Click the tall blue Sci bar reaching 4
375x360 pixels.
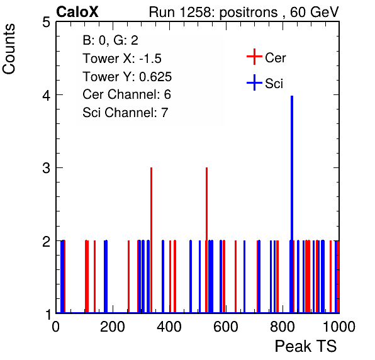(292, 204)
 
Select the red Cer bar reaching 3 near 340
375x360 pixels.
(152, 240)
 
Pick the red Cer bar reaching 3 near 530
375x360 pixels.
(206, 240)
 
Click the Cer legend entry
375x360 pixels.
(266, 57)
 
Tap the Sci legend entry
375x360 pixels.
(265, 83)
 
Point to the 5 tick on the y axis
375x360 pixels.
(46, 23)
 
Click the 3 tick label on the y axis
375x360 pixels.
(46, 168)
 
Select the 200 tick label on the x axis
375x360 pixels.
(113, 327)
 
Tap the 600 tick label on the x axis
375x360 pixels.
(226, 327)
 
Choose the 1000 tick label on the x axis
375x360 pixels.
(339, 327)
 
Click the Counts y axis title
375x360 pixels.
(9, 49)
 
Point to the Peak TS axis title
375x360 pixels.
(306, 346)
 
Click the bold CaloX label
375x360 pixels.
(77, 12)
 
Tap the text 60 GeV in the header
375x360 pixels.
(315, 12)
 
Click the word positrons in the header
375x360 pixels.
(249, 13)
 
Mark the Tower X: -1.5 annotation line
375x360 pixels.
(122, 59)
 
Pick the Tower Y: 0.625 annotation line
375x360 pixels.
(127, 77)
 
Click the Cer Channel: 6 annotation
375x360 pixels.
(126, 94)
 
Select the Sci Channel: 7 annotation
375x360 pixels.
(125, 113)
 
